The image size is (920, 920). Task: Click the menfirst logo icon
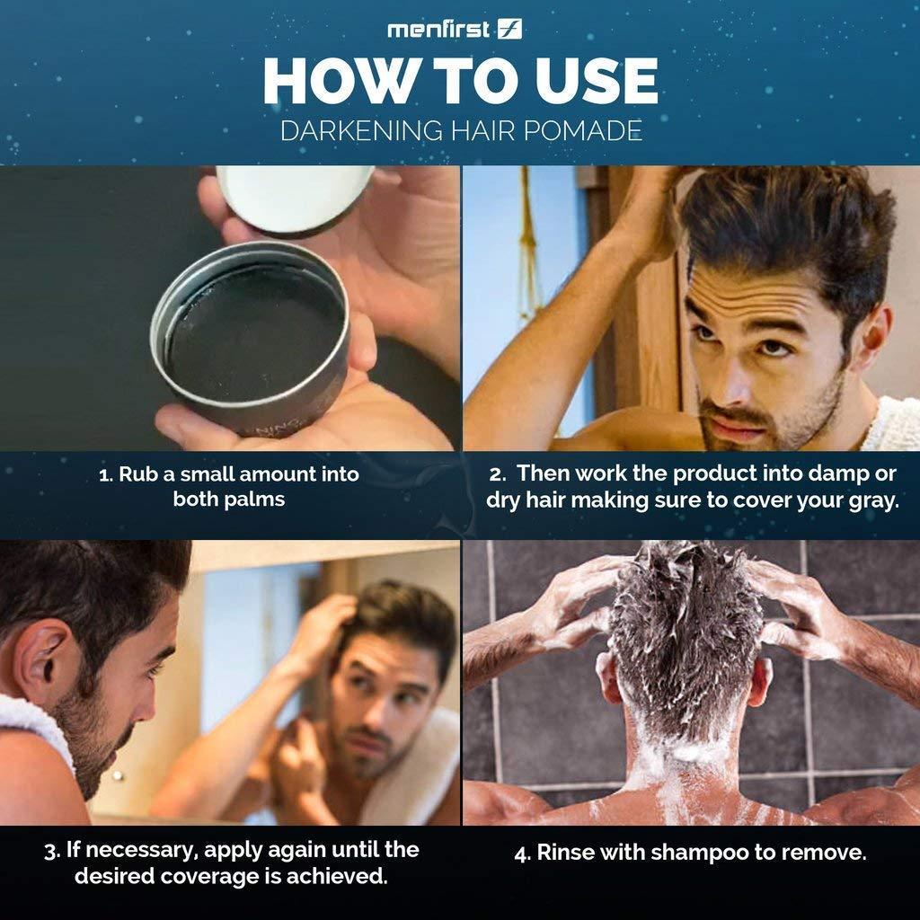(509, 29)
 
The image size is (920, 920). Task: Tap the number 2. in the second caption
(497, 474)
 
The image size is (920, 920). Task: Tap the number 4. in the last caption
(522, 854)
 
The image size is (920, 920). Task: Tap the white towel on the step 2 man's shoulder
(896, 423)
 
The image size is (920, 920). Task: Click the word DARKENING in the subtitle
(361, 130)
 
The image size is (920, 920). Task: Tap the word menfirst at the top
(438, 30)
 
